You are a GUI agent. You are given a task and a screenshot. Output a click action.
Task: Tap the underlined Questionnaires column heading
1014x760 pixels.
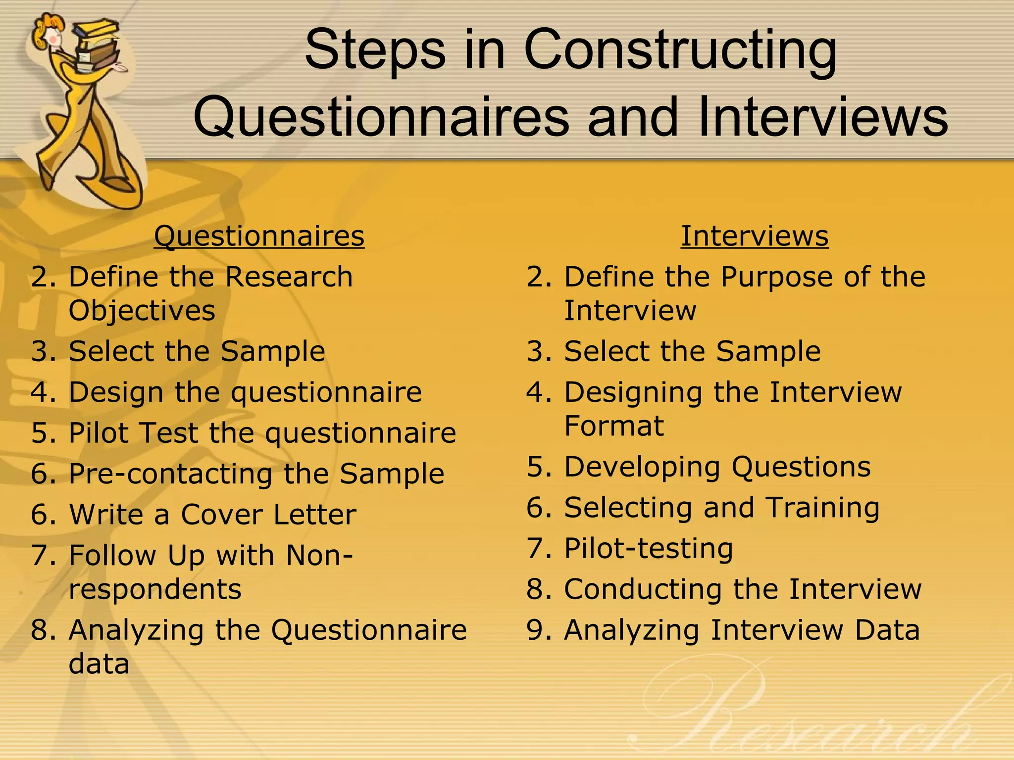tap(259, 236)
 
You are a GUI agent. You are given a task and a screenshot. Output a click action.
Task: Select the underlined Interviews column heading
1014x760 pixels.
tap(754, 236)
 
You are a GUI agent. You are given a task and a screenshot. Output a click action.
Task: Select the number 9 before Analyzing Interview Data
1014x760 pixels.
tap(536, 630)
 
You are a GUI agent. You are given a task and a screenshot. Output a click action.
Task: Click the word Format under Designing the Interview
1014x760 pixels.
tap(613, 426)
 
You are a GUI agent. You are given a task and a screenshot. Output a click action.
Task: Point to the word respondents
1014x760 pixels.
tap(155, 589)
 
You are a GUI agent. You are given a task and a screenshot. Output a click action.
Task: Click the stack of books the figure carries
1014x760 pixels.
tap(97, 45)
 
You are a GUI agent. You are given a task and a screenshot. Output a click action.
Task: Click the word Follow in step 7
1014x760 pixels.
tap(112, 555)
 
